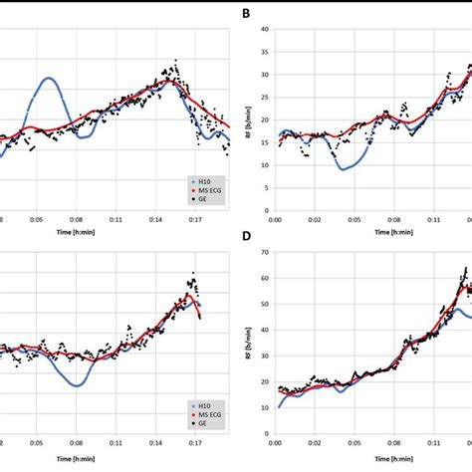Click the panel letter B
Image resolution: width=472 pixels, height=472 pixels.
click(244, 14)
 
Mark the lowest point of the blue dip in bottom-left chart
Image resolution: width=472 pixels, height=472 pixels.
click(76, 385)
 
